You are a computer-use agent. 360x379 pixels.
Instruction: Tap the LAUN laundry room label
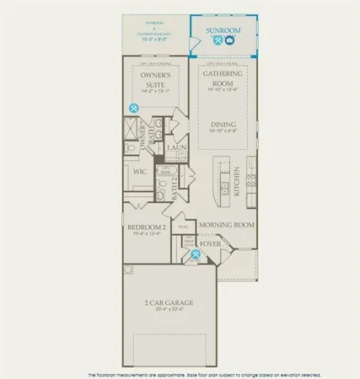pyautogui.click(x=176, y=148)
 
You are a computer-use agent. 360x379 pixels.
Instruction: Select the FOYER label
pyautogui.click(x=210, y=243)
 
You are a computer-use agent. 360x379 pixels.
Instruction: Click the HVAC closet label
pyautogui.click(x=182, y=227)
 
